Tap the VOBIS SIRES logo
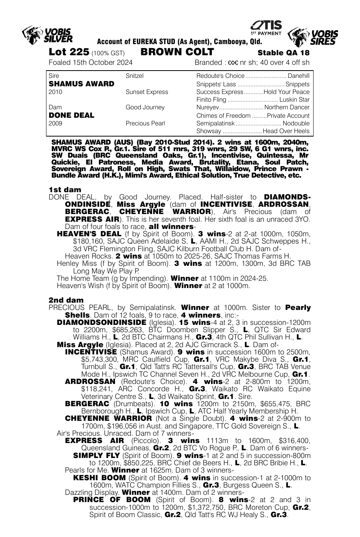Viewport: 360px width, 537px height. point(312,37)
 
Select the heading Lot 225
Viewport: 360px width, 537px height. point(69,52)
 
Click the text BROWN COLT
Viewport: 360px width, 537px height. point(177,52)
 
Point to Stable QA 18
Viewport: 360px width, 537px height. point(283,53)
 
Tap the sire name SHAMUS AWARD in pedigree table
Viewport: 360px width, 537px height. point(81,84)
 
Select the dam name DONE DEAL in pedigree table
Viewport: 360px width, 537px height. point(71,115)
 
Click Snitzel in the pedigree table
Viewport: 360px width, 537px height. point(134,76)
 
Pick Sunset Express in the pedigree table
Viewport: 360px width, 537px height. point(147,92)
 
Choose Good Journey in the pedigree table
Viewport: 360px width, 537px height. point(145,107)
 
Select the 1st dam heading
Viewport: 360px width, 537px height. point(65,189)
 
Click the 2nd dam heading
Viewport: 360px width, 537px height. point(66,300)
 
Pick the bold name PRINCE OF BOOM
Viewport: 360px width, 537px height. point(112,500)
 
